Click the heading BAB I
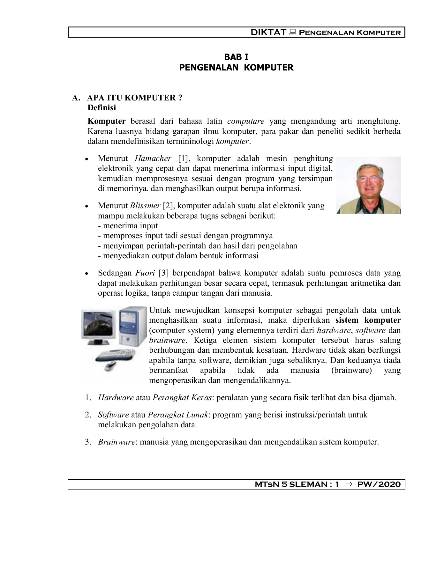pos(236,57)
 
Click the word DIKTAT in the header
pos(268,33)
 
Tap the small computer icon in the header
pos(292,32)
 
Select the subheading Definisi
pos(102,108)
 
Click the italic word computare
pos(246,121)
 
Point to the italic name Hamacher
pos(153,158)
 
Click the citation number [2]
pos(168,206)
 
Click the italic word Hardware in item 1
pos(116,398)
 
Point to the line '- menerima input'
pos(128,226)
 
